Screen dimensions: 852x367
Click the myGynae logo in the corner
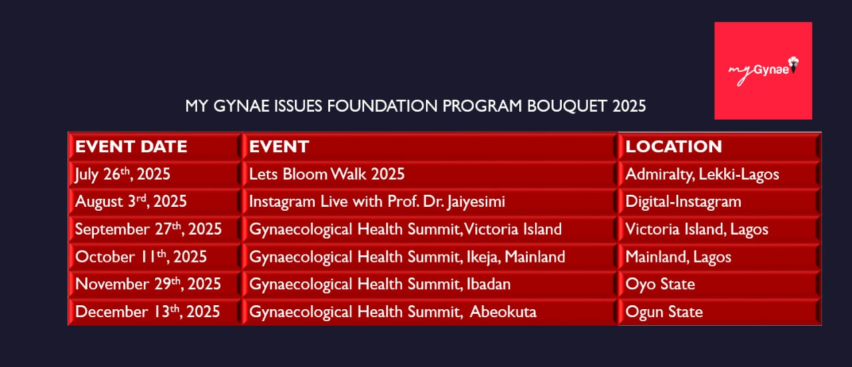click(763, 70)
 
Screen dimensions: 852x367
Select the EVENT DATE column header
click(131, 147)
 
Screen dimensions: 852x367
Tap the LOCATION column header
click(674, 147)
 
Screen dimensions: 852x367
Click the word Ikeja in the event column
click(481, 257)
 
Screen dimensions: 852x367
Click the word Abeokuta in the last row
click(503, 312)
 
